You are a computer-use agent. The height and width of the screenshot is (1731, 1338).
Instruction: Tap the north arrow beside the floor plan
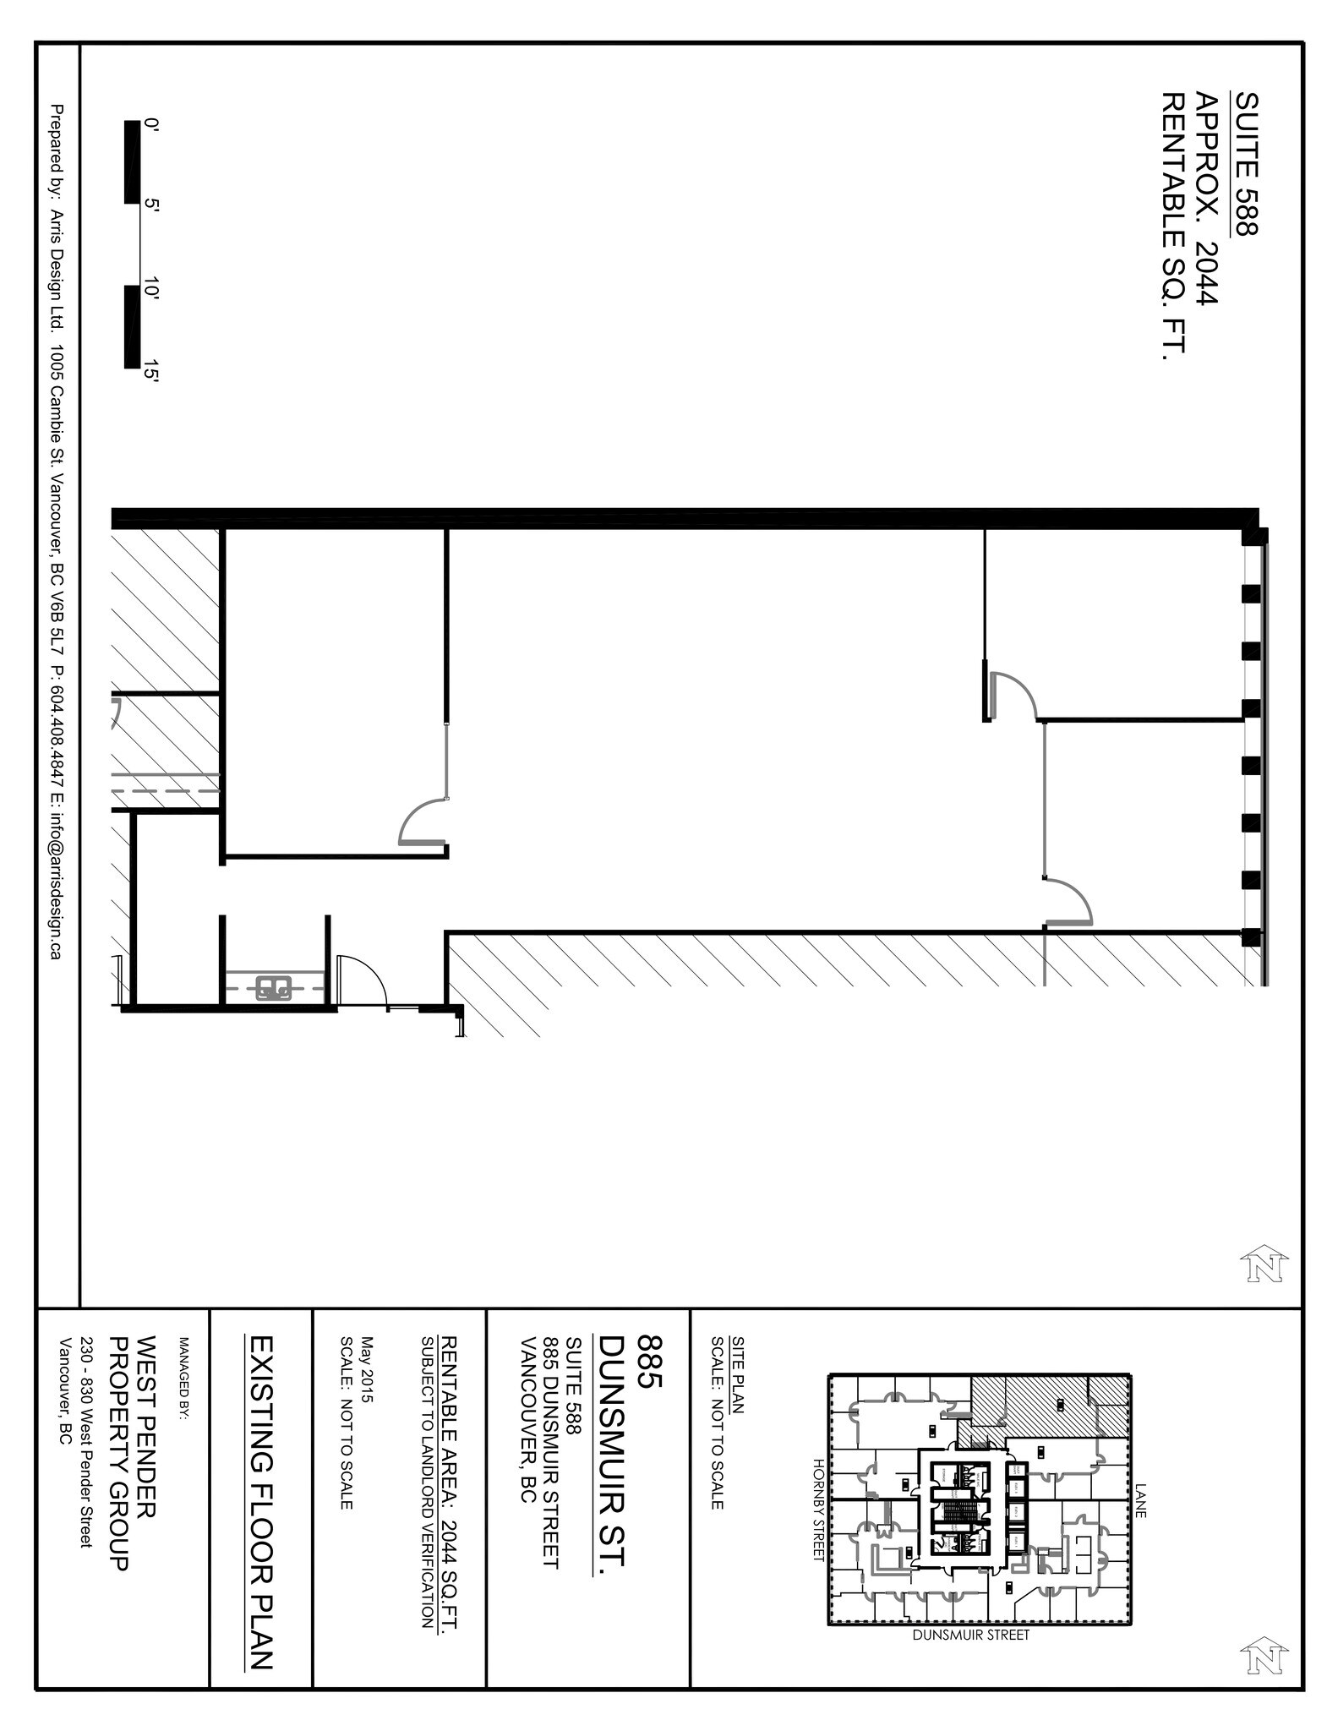tap(1264, 1265)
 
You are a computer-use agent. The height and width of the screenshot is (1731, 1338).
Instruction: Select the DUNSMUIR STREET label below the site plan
tap(970, 1635)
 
